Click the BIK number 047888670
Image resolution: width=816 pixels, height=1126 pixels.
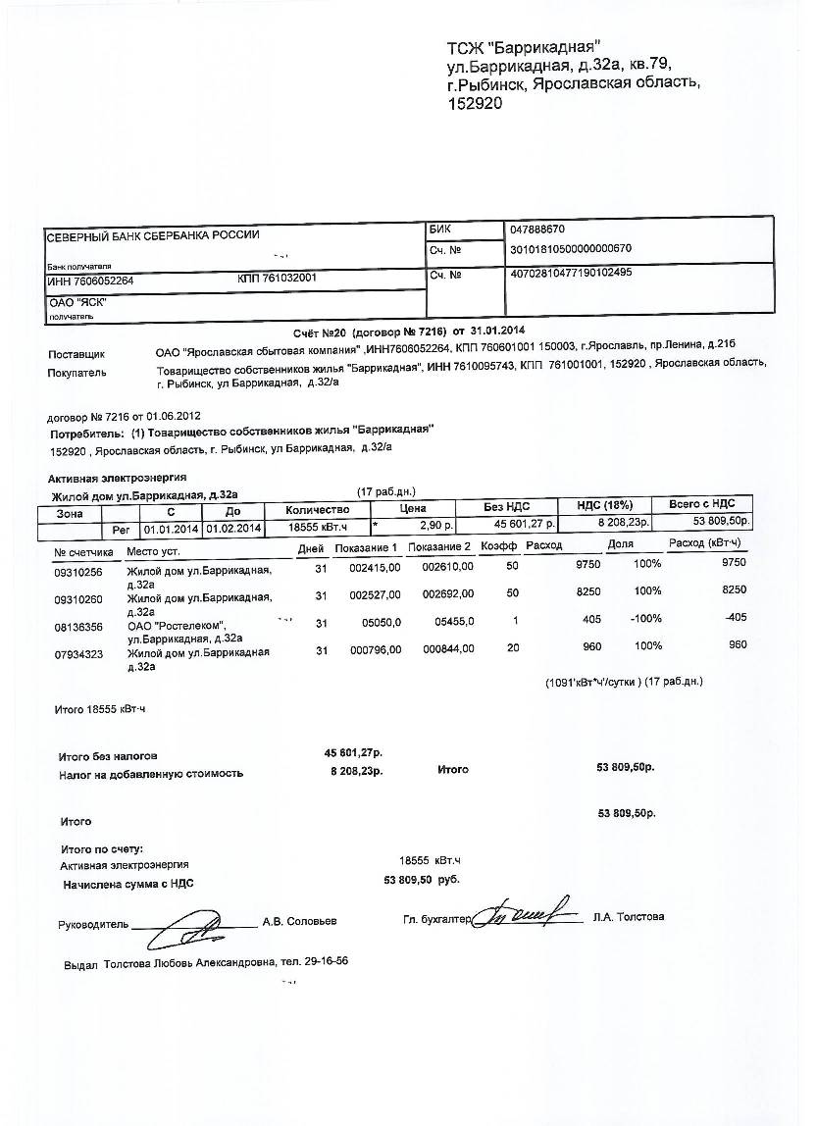pyautogui.click(x=537, y=229)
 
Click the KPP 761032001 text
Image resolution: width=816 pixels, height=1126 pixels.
pyautogui.click(x=277, y=278)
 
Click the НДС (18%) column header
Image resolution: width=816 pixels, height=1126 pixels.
pyautogui.click(x=605, y=505)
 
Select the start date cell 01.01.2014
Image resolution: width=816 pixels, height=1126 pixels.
pyautogui.click(x=172, y=529)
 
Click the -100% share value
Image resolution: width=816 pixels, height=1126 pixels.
pyautogui.click(x=645, y=619)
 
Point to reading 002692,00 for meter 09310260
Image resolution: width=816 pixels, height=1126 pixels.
pyautogui.click(x=447, y=593)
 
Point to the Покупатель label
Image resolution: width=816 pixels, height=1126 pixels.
pyautogui.click(x=77, y=373)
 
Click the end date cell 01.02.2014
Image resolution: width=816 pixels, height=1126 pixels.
pyautogui.click(x=233, y=529)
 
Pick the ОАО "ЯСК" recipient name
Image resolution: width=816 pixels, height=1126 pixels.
pyautogui.click(x=77, y=303)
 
